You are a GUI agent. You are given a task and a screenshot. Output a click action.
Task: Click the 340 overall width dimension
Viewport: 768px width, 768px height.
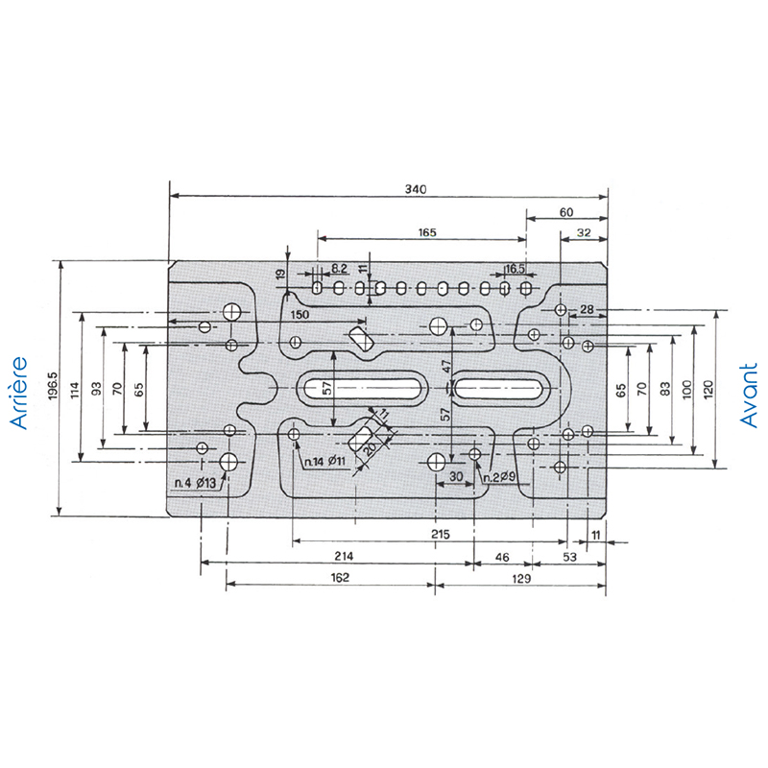pyautogui.click(x=416, y=189)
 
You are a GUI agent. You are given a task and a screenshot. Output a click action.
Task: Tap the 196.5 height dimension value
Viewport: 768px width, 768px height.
pyautogui.click(x=53, y=386)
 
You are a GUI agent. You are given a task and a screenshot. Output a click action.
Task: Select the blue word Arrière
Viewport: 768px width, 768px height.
pyautogui.click(x=18, y=394)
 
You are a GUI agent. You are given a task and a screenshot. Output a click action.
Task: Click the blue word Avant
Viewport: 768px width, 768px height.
pyautogui.click(x=748, y=396)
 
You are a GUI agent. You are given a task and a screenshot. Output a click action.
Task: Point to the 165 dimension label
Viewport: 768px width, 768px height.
pyautogui.click(x=427, y=232)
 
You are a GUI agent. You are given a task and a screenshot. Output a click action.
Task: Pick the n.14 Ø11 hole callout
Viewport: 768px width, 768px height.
pyautogui.click(x=324, y=461)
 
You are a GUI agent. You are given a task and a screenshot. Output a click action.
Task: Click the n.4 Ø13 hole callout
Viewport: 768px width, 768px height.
pyautogui.click(x=195, y=483)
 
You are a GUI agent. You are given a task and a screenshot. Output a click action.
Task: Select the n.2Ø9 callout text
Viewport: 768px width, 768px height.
pyautogui.click(x=499, y=477)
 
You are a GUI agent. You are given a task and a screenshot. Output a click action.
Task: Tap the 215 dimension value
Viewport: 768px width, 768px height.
pyautogui.click(x=441, y=534)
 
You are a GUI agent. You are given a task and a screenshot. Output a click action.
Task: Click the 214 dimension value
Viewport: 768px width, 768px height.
pyautogui.click(x=344, y=556)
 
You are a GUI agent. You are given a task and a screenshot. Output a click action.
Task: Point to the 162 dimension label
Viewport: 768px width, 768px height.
pyautogui.click(x=340, y=578)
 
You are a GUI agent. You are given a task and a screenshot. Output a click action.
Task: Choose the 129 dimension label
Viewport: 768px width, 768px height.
pyautogui.click(x=521, y=579)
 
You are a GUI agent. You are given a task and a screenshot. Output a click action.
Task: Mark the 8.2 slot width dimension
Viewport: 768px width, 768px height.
pyautogui.click(x=339, y=269)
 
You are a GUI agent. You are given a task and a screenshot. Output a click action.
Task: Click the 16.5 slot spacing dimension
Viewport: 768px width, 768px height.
pyautogui.click(x=515, y=269)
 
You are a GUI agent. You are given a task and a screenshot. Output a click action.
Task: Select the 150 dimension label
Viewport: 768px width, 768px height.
pyautogui.click(x=300, y=315)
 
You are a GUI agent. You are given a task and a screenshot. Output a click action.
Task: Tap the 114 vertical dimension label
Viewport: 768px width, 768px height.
pyautogui.click(x=75, y=391)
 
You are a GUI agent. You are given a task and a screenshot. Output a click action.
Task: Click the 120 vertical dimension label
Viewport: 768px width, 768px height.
pyautogui.click(x=708, y=390)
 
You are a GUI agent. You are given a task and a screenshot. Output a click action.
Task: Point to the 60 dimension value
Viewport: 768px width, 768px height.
pyautogui.click(x=566, y=212)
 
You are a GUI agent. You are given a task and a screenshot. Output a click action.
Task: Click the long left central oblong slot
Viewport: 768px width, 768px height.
pyautogui.click(x=362, y=389)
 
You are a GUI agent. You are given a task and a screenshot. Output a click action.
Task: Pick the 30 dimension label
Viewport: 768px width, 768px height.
pyautogui.click(x=456, y=476)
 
